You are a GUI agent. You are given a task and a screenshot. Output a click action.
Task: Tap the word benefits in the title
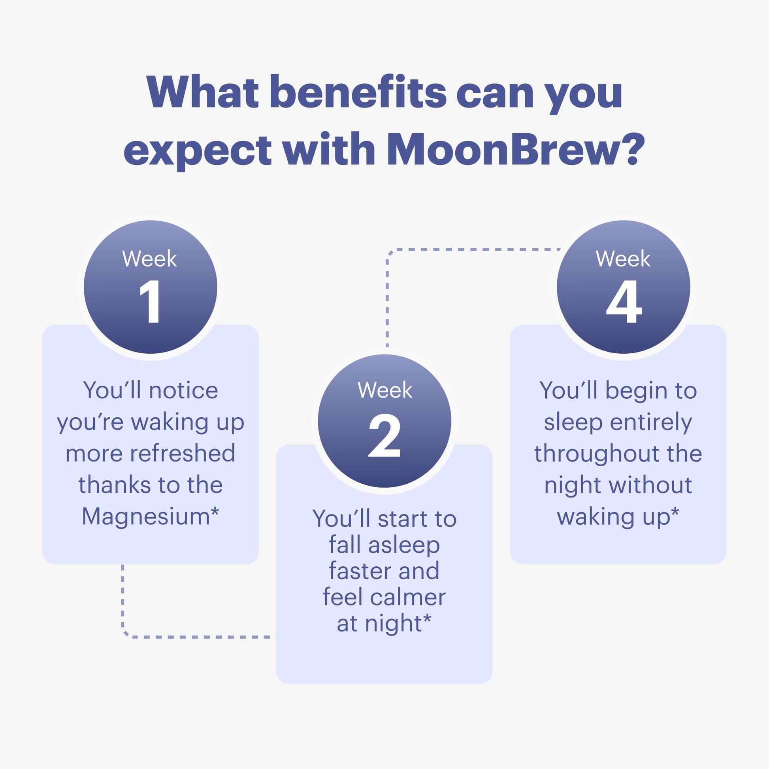[358, 92]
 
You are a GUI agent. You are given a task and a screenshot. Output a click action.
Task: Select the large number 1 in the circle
[150, 301]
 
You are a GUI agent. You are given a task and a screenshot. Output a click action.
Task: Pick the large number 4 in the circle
[624, 301]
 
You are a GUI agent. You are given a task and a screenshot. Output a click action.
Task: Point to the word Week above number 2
[385, 390]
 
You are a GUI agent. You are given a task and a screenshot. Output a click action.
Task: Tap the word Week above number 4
[623, 259]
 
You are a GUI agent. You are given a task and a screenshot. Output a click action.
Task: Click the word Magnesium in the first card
[146, 516]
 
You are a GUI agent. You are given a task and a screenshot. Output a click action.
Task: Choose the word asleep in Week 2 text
[404, 546]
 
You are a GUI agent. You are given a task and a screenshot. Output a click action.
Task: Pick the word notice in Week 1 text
[183, 390]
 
